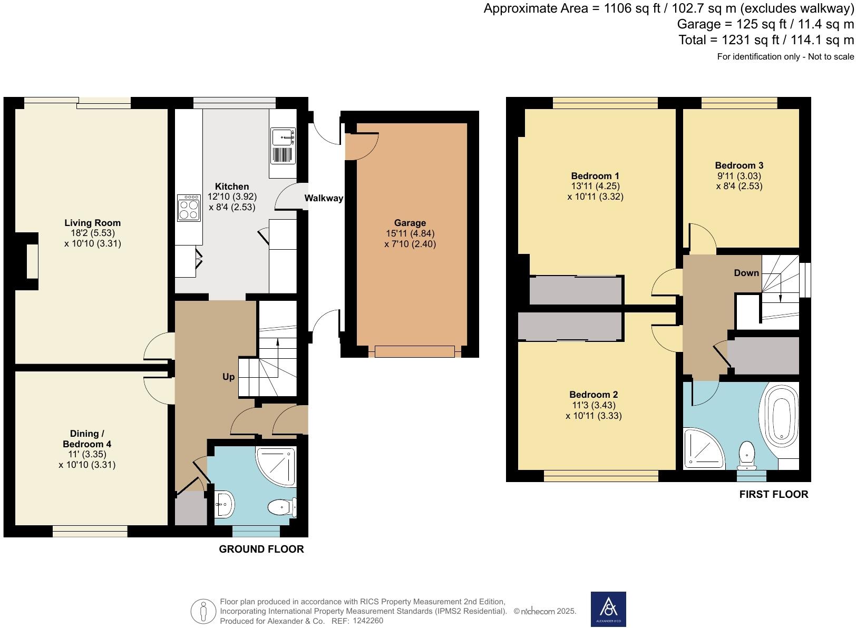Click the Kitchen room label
point(232,187)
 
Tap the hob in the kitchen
point(189,208)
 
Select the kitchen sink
point(283,145)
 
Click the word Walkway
point(324,198)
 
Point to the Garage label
point(410,223)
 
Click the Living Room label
point(92,223)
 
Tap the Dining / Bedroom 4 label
point(87,438)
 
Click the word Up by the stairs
point(229,377)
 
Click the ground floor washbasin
point(225,504)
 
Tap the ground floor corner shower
point(276,466)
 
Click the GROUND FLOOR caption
point(261,549)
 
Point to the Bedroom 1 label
point(595,176)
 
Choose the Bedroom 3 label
point(739,165)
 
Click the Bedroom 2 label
point(594,394)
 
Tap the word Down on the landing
point(746,273)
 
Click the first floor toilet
point(747,456)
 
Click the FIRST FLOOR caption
point(773,494)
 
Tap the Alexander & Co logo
point(608,609)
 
